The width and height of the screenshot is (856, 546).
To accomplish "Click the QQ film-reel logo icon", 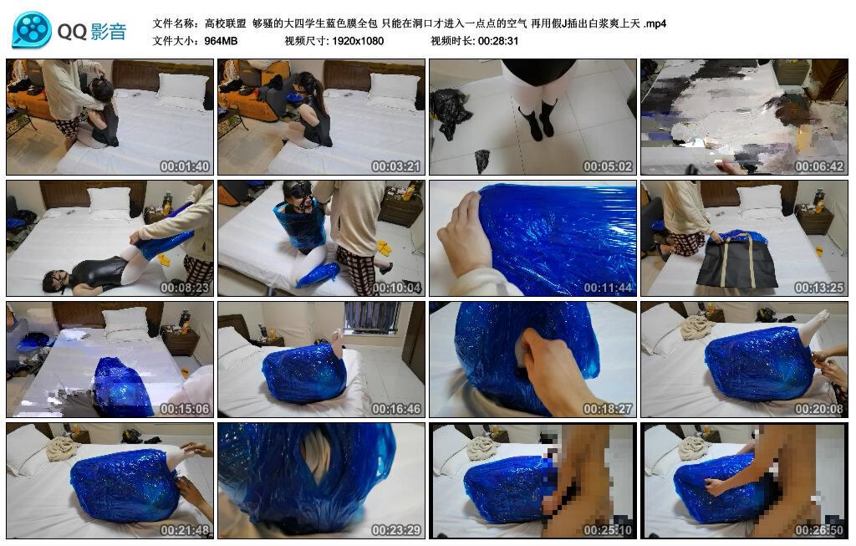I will [x=31, y=31].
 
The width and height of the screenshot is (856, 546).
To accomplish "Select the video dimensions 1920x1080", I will [x=357, y=40].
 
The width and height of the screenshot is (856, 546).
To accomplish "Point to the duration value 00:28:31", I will [x=498, y=40].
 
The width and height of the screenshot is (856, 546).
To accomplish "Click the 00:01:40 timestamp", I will [x=185, y=166].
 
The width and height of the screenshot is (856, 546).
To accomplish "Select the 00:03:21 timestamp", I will [x=396, y=166].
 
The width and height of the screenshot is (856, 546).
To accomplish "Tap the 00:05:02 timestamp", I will [x=608, y=166].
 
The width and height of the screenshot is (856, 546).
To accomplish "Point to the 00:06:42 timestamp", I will [x=819, y=166].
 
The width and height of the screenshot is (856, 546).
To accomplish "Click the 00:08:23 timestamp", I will [x=185, y=288].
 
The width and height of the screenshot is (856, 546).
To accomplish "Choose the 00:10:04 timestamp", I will [x=396, y=288].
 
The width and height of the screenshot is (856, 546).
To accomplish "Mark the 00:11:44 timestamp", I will [x=608, y=288].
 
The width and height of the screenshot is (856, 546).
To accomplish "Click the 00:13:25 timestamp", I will [x=819, y=288].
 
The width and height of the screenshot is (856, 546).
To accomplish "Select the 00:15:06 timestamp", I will [x=185, y=409].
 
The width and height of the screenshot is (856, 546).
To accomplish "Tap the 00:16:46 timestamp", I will [x=396, y=409].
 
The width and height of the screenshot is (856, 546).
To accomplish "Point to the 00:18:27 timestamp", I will [x=608, y=409].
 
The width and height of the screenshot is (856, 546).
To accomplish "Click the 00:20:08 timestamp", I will [x=819, y=409].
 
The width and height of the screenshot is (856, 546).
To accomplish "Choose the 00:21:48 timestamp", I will [x=185, y=529].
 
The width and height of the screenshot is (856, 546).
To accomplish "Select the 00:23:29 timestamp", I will [x=396, y=529].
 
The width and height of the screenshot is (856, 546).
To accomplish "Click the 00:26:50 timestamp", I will [x=819, y=529].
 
